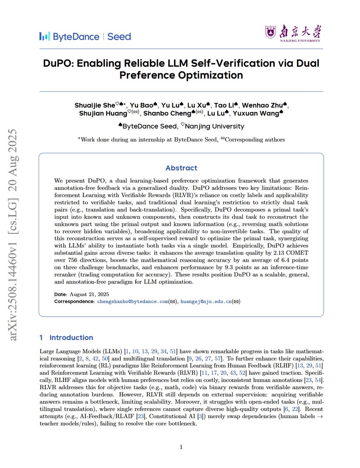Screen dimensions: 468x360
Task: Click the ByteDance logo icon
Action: point(44,37)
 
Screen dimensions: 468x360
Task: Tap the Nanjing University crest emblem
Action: point(271,32)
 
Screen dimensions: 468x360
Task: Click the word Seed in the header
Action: point(119,37)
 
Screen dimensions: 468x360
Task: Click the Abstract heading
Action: point(181,168)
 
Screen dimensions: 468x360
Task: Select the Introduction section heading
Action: point(71,337)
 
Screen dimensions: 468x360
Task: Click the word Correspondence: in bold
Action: point(74,301)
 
